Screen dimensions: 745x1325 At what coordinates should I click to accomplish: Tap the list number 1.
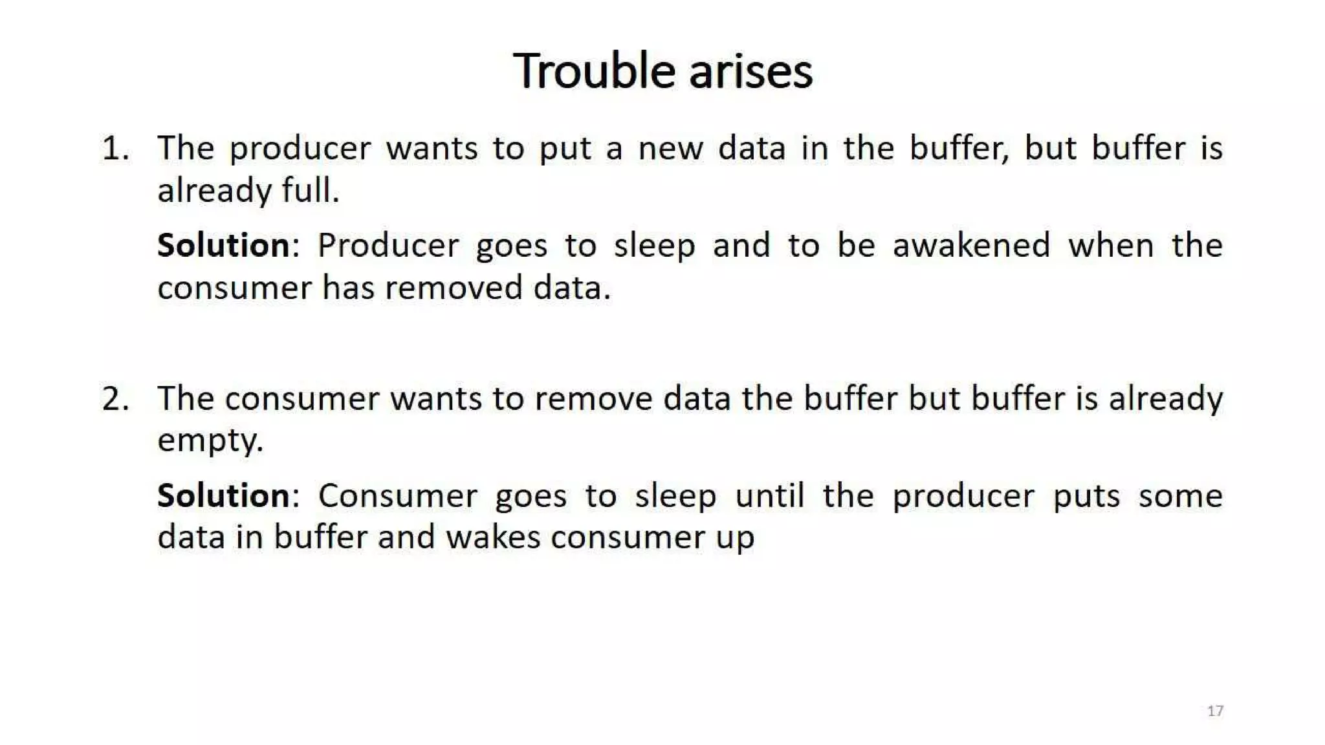[115, 148]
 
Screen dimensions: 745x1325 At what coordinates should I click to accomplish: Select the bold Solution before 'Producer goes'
[224, 246]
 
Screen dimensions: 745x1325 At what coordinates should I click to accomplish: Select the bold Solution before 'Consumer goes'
[224, 496]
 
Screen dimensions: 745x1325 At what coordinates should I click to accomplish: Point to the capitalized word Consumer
[397, 496]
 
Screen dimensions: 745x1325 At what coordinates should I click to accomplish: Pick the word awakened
[971, 246]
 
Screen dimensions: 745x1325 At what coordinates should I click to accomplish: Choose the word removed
[454, 288]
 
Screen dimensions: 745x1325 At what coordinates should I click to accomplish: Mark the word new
[670, 148]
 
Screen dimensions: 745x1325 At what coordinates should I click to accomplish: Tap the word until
[770, 496]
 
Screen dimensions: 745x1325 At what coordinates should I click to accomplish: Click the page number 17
[1215, 711]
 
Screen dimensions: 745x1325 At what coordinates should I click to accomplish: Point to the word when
[1111, 246]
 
